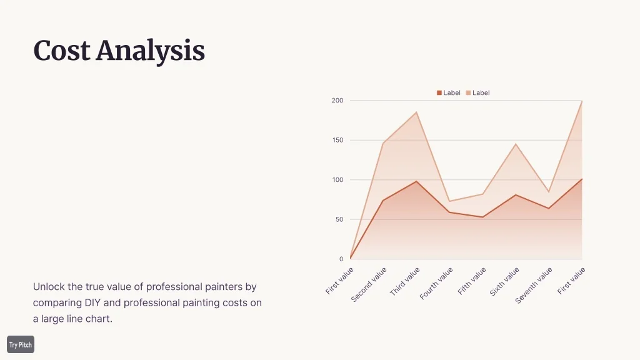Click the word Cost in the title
click(62, 51)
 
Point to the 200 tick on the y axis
click(337, 101)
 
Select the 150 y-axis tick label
click(337, 140)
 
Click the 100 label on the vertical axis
click(337, 180)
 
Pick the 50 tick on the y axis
click(339, 219)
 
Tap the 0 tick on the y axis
click(341, 259)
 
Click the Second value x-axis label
click(369, 284)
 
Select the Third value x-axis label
click(405, 281)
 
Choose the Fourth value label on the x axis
click(437, 283)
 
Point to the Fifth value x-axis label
click(472, 281)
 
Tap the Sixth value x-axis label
click(505, 281)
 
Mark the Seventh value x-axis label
click(534, 285)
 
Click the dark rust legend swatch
click(439, 93)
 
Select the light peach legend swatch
click(468, 93)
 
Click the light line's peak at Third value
click(416, 112)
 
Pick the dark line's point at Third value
click(416, 181)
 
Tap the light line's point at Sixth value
click(516, 144)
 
